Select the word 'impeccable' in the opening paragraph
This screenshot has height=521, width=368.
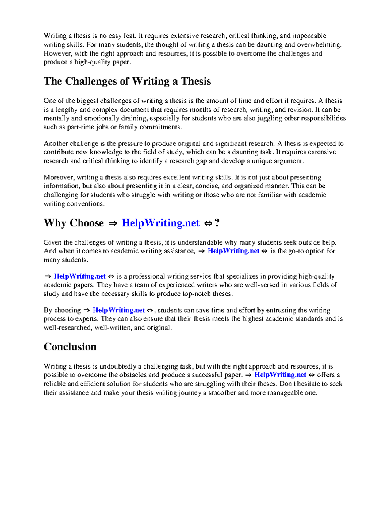[309, 36]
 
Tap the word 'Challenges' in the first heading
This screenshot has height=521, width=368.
[91, 81]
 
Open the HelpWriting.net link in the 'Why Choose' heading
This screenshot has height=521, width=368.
[161, 223]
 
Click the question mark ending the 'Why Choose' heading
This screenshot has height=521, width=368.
[217, 223]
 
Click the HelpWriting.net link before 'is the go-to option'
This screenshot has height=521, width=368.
[233, 251]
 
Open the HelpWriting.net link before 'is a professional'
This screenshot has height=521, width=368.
[80, 276]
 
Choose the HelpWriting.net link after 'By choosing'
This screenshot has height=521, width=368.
[119, 310]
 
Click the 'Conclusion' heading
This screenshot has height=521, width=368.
[70, 347]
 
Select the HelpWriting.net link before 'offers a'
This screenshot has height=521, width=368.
[280, 375]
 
